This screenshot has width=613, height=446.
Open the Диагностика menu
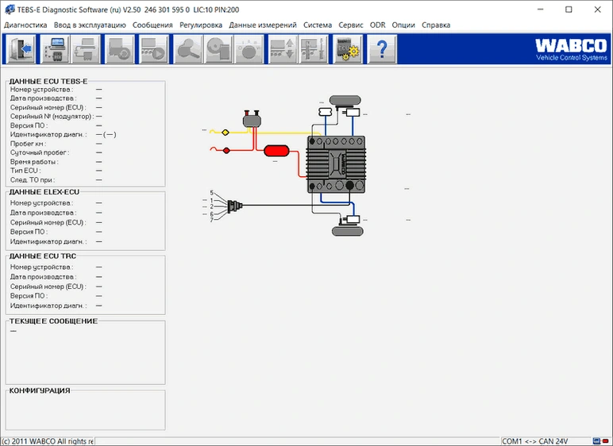[x=25, y=25]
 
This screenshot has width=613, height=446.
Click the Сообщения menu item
[x=152, y=25]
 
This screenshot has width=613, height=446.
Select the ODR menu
[x=378, y=25]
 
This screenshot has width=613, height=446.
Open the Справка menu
[x=436, y=25]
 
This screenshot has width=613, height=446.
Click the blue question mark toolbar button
[x=382, y=49]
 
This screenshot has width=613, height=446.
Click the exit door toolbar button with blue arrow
[x=21, y=49]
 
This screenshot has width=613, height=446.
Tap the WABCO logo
[x=571, y=49]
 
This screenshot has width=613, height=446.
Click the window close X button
[x=597, y=10]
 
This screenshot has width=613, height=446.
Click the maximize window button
[x=569, y=10]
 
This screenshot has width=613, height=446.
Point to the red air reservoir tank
[x=276, y=151]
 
